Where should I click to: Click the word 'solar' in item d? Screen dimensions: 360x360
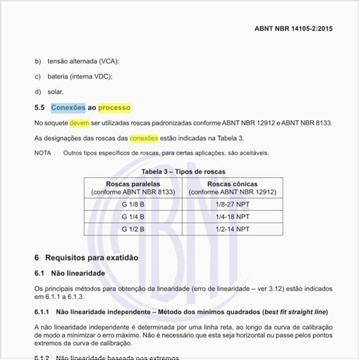click(55, 91)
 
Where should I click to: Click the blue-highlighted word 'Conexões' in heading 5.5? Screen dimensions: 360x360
click(68, 108)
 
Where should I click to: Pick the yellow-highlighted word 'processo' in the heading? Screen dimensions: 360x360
click(114, 108)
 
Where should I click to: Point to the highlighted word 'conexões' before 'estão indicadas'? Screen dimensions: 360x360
click(144, 138)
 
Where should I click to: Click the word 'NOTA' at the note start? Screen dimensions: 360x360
click(42, 153)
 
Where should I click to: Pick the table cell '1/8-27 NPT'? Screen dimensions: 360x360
click(233, 204)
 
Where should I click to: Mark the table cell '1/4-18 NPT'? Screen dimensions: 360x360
click(233, 217)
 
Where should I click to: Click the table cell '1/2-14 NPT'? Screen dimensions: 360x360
click(233, 229)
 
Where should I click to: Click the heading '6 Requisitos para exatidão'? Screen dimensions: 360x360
click(91, 258)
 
